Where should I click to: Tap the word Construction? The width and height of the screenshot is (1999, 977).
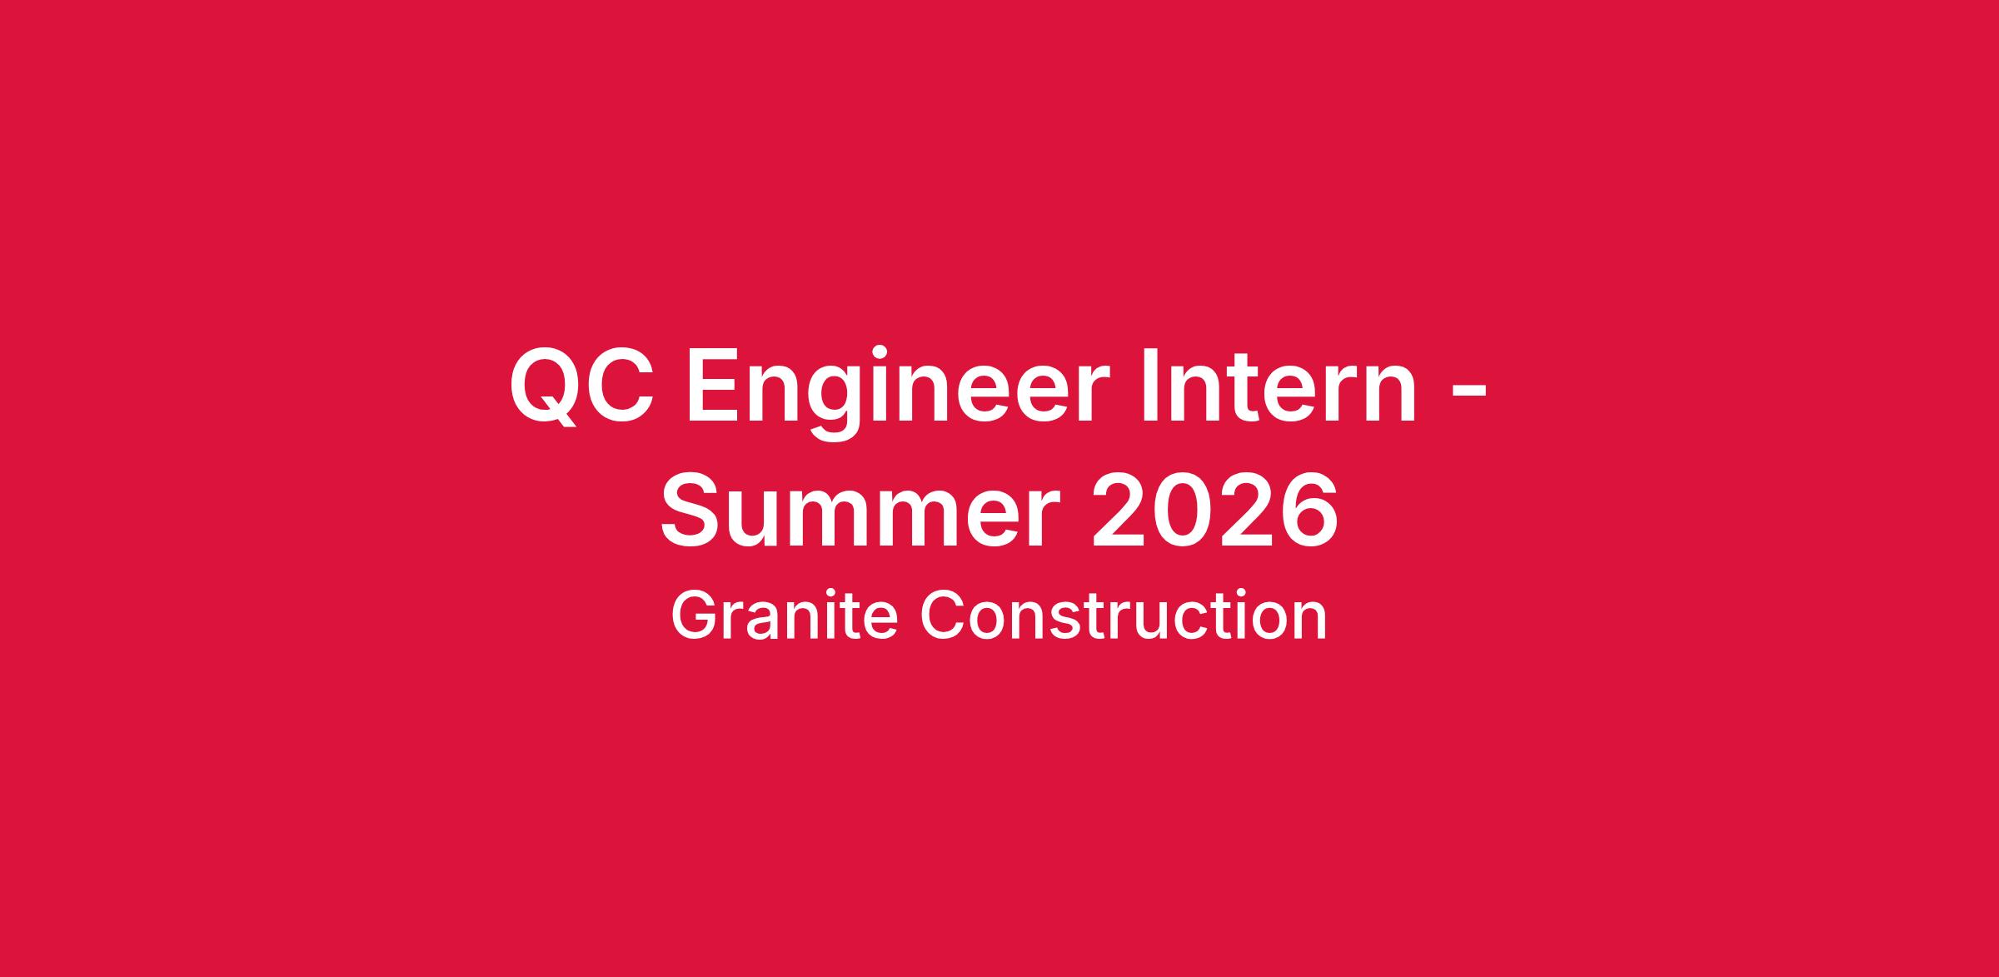point(1123,616)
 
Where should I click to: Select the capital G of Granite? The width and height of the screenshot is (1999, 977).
point(695,616)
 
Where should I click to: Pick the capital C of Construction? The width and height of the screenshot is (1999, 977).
point(942,616)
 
